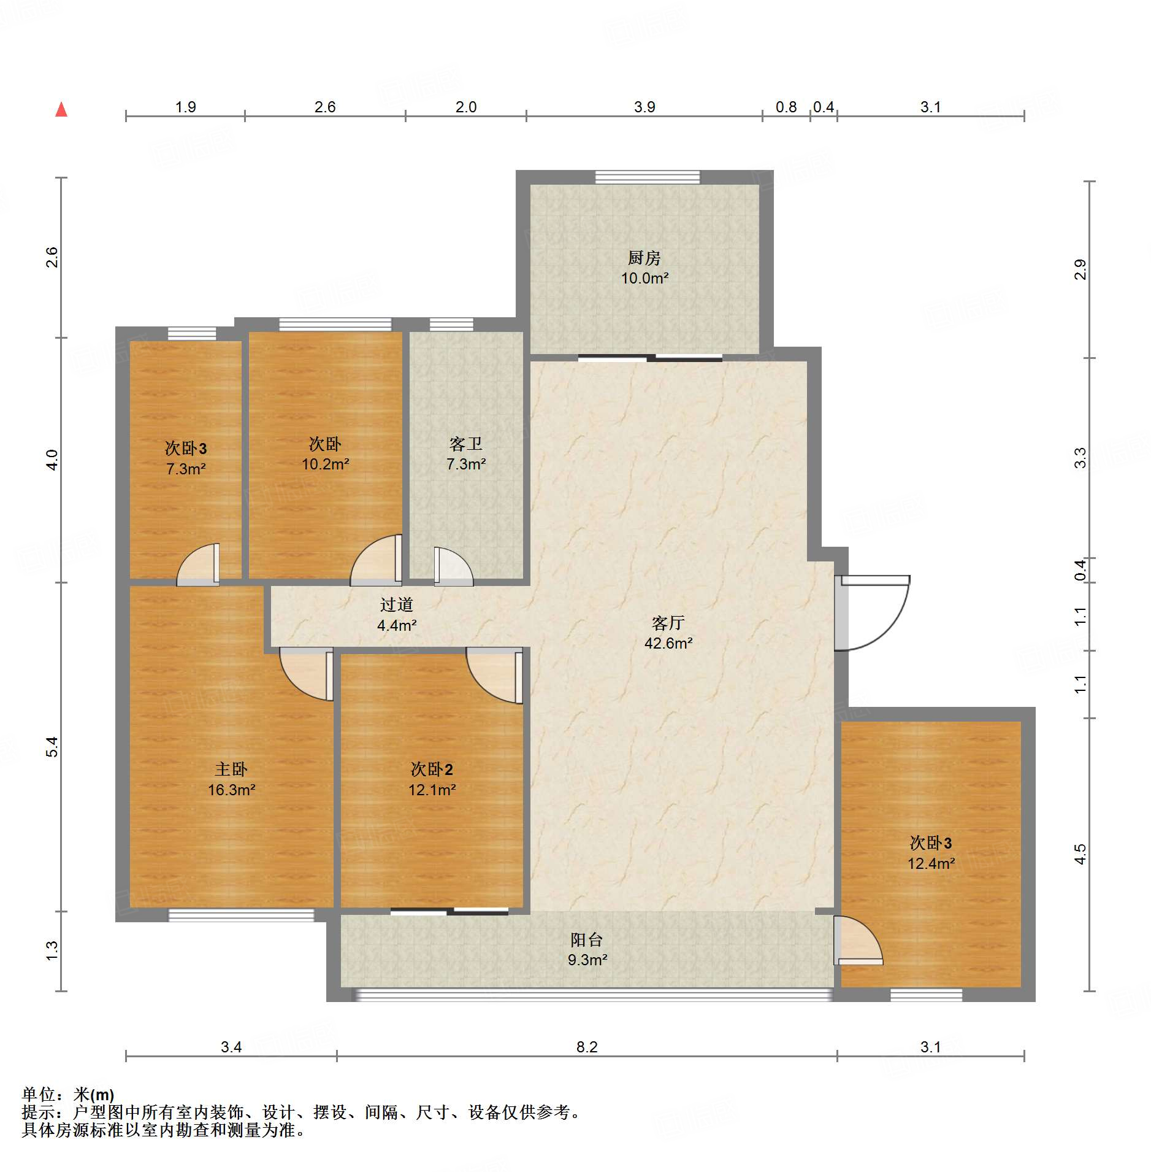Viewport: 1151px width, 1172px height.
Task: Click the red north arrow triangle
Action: [61, 109]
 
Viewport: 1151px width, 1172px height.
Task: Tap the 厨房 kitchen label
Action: [644, 258]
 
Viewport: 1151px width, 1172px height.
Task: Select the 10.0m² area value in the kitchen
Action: [644, 278]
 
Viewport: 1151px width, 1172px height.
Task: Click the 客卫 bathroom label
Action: [466, 444]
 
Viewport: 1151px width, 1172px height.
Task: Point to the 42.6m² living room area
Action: [668, 643]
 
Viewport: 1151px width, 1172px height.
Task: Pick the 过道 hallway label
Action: [396, 605]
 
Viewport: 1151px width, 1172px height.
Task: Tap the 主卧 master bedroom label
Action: [231, 769]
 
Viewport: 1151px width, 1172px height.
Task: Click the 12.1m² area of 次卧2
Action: [432, 790]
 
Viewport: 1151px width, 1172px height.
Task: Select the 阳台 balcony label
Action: [587, 939]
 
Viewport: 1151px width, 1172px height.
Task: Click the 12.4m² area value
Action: [931, 863]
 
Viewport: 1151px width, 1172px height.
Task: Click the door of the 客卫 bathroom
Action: [453, 566]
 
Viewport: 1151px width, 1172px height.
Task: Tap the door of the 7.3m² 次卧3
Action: [198, 564]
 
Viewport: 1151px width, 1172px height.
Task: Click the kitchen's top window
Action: [648, 177]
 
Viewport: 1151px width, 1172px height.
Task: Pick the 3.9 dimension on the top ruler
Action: [644, 107]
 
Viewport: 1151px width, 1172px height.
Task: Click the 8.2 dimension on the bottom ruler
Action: [587, 1047]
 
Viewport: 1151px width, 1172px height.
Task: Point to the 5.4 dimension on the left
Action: [52, 747]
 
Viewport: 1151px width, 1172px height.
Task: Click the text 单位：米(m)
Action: [68, 1095]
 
